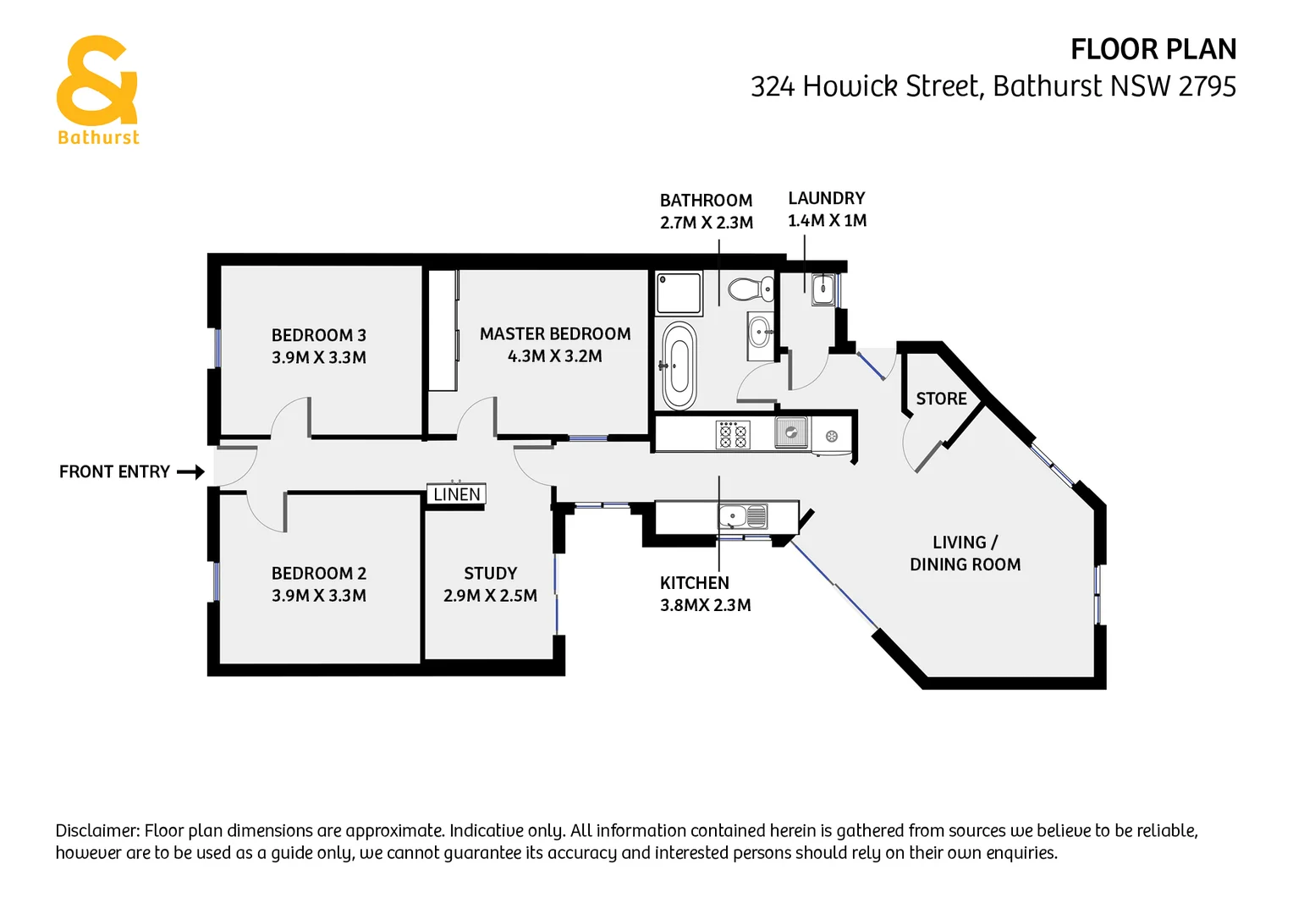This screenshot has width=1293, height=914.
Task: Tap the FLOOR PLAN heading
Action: [x=1153, y=50]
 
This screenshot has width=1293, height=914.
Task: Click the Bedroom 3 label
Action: [x=318, y=336]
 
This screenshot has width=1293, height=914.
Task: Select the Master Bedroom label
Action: [x=554, y=334]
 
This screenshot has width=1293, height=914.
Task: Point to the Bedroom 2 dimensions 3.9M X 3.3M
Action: [x=318, y=596]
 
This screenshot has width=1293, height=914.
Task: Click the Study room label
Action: [x=490, y=574]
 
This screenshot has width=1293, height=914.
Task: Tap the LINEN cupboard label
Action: [x=457, y=494]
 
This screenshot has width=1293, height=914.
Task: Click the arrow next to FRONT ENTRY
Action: [x=191, y=472]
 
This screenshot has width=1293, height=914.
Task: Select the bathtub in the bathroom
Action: [x=679, y=366]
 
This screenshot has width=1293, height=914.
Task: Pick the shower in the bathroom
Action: [x=680, y=293]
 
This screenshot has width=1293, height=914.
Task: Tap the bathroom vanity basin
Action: [x=760, y=331]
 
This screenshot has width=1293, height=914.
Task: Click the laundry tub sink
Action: [x=823, y=289]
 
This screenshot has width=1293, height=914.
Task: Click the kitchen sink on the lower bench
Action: [x=733, y=515]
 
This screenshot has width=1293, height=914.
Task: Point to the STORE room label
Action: [x=941, y=399]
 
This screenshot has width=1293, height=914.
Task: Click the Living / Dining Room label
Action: [x=965, y=553]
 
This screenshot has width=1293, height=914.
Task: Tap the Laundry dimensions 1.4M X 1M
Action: [x=827, y=221]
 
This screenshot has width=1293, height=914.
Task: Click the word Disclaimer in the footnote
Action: [x=97, y=831]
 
